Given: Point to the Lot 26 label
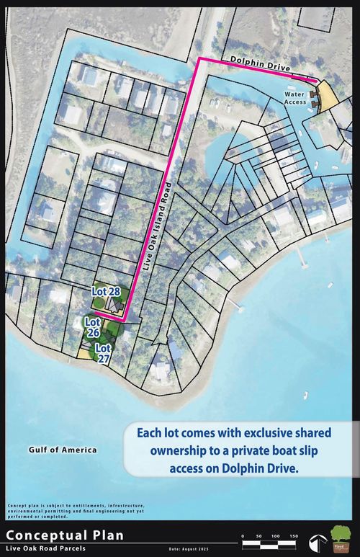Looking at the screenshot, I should pos(92,326).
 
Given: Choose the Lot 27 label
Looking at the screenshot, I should pos(104,353).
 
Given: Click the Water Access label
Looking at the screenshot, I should pos(295,98).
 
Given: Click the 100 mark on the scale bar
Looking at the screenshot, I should pos(275,536).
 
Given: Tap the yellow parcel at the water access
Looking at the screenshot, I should pos(326,97).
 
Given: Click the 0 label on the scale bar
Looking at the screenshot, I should pos(243,536).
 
